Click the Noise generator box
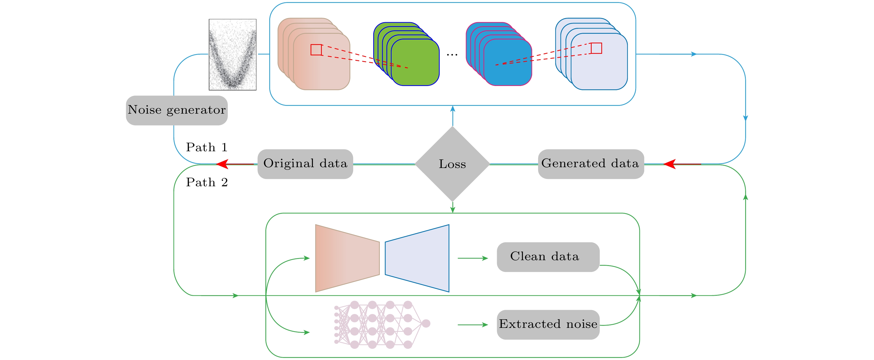point(176,110)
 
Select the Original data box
point(305,164)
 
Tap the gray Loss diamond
point(452,164)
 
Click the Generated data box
point(591,164)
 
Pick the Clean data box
point(548,257)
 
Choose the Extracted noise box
point(548,324)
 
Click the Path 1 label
point(207,147)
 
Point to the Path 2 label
point(207,182)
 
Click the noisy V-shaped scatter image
point(232,55)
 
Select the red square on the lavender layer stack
point(596,48)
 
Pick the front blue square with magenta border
point(508,62)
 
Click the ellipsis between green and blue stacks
point(452,54)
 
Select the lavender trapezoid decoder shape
point(417,258)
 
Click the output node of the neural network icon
point(426,323)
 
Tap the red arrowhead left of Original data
point(222,164)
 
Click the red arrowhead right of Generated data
point(669,164)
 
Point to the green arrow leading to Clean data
point(473,258)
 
